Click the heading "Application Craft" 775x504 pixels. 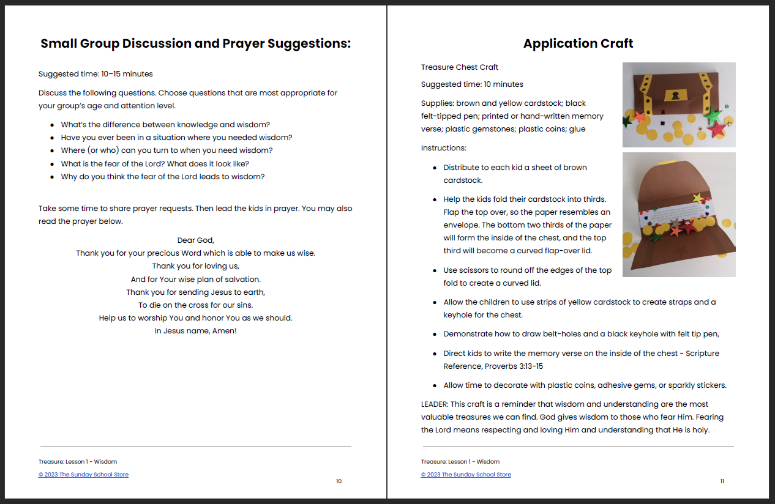coord(578,43)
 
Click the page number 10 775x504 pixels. coord(339,481)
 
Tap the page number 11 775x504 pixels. coord(722,481)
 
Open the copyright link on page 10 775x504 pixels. coord(83,475)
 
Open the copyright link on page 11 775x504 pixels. coord(466,475)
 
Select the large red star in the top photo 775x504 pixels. coord(716,128)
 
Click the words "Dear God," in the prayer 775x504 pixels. coord(196,240)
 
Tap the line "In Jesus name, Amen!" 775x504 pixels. coord(196,331)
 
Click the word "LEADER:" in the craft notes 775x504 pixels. coord(436,404)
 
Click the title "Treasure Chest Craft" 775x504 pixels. coord(460,67)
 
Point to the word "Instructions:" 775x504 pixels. coord(444,148)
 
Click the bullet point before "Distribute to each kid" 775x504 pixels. coord(435,168)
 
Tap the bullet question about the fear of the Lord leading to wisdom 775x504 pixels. coord(162,177)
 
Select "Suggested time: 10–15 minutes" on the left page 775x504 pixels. coord(95,74)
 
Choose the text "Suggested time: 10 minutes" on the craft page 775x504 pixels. coord(472,84)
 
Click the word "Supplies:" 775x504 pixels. coord(437,103)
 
